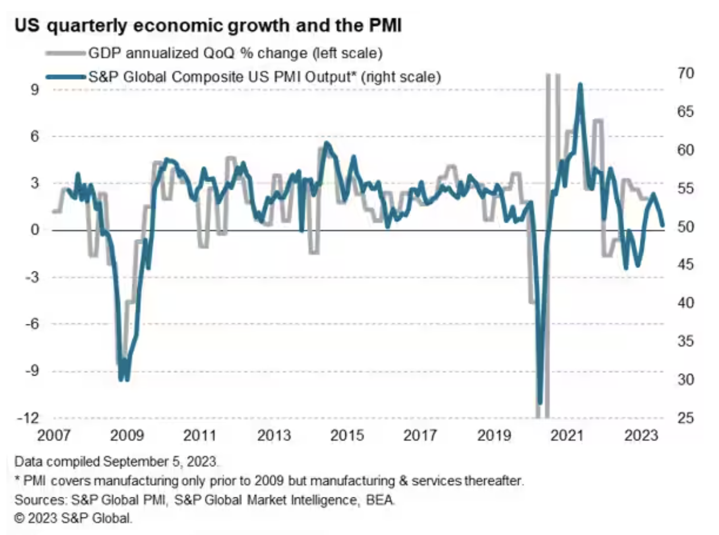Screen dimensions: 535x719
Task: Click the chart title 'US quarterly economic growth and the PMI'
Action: click(x=208, y=27)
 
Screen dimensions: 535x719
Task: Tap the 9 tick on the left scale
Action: click(x=32, y=90)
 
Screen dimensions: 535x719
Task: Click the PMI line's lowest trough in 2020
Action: click(x=539, y=402)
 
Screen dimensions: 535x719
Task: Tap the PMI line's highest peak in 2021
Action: click(x=580, y=85)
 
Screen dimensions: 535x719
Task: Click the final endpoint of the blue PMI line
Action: click(x=662, y=225)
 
